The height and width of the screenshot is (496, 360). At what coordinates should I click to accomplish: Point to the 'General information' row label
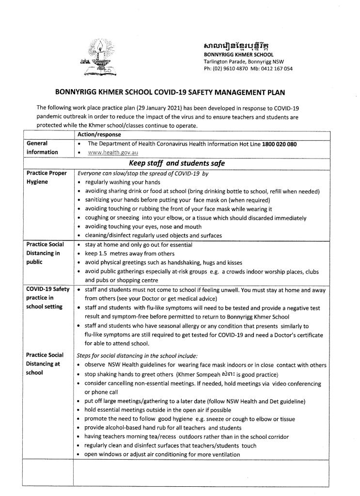pos(43,148)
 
